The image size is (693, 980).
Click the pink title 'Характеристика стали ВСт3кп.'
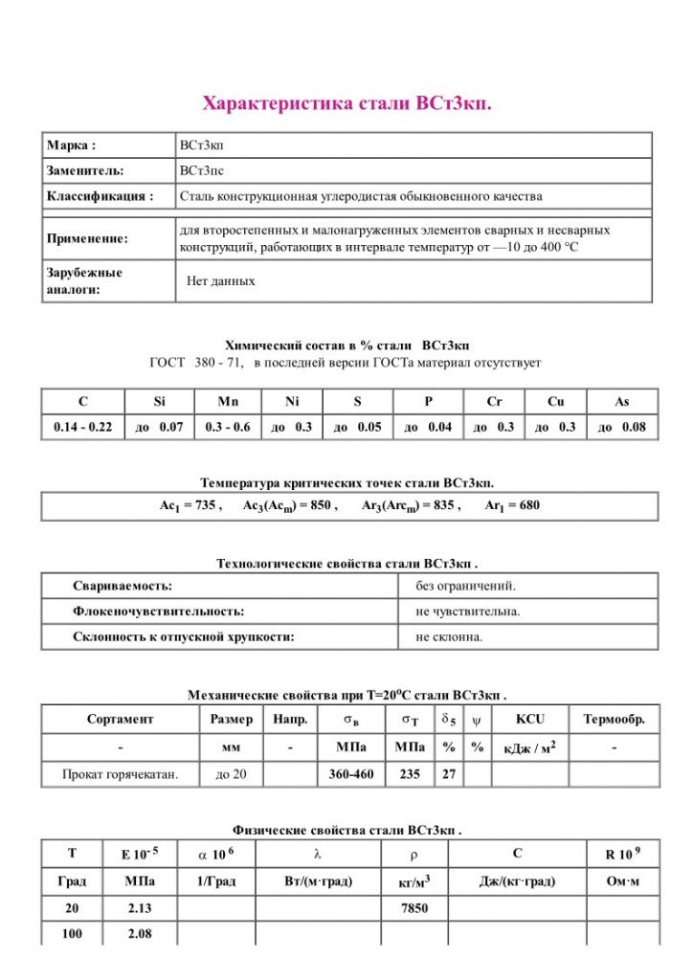coord(346,103)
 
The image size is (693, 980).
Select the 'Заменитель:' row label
coord(85,170)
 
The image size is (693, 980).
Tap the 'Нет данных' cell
coord(221,281)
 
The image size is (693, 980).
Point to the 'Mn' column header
coord(228,402)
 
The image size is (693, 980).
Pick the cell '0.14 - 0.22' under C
coord(82,427)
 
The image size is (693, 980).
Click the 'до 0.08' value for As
coord(622,427)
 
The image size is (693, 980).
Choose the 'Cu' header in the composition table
coord(555,402)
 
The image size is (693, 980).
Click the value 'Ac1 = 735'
coord(190,505)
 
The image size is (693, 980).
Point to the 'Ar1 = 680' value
coord(512,505)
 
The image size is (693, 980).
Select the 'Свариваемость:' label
coord(123,586)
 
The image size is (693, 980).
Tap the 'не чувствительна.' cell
coord(468,611)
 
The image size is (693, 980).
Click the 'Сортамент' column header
coord(120,719)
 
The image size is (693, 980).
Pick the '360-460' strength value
coord(351,773)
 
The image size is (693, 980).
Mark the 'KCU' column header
coord(529,719)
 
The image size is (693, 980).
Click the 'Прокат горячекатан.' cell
coord(120,773)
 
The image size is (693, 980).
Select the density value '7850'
coord(414,908)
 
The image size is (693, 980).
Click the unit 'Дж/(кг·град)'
coord(517,881)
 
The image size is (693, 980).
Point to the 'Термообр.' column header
coord(614,719)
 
